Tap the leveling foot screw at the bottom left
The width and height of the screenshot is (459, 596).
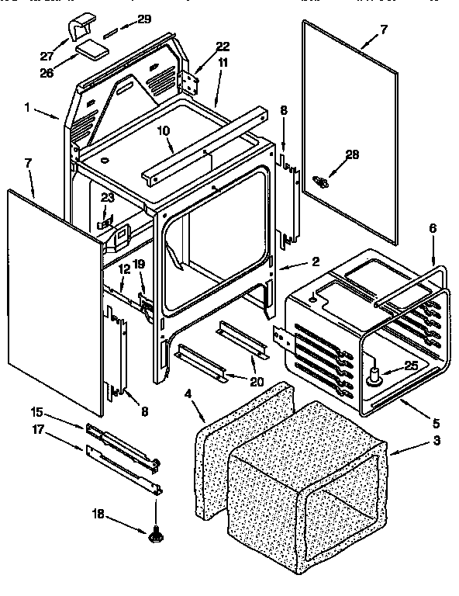[155, 533]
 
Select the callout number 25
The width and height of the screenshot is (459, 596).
[411, 366]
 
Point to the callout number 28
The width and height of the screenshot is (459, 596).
[352, 154]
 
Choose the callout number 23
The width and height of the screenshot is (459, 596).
[107, 197]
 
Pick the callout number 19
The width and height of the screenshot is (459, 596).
[138, 264]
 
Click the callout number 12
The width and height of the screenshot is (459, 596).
[123, 269]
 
